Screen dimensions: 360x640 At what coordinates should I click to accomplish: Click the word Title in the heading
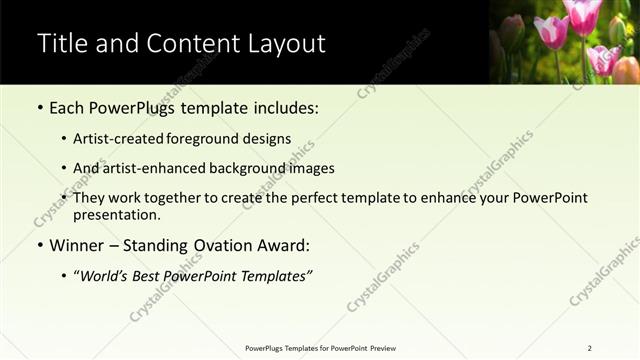point(61,44)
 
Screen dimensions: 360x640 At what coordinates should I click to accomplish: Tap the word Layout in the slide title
point(284,44)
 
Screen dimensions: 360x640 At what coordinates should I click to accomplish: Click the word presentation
point(116,214)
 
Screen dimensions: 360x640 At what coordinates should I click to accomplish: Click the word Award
point(286,245)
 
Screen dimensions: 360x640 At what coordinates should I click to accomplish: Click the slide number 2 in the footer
point(589,348)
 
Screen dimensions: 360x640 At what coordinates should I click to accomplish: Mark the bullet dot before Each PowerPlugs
point(39,108)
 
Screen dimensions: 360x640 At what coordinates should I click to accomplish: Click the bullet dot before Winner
point(39,246)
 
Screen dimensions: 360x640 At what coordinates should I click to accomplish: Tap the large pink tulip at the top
point(582,18)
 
